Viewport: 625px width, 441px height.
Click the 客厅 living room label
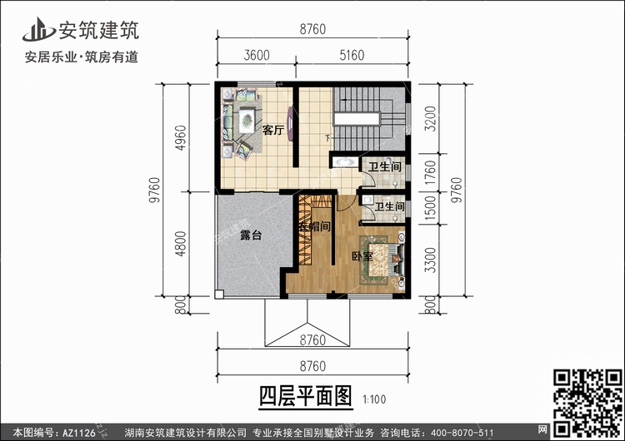pos(273,130)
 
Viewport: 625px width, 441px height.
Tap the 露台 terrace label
pos(251,235)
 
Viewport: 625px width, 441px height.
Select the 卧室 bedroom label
pos(362,256)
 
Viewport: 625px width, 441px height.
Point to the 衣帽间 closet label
pos(315,227)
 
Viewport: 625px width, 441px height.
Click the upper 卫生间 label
pos(384,166)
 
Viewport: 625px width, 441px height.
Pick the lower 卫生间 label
pos(389,206)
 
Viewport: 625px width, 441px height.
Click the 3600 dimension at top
pos(257,55)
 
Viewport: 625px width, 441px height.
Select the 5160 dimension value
pos(352,55)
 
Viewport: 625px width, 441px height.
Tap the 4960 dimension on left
pos(181,138)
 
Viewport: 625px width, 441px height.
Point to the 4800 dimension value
pos(181,244)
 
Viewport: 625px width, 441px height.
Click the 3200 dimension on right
pos(431,119)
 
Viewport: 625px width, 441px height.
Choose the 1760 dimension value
pos(431,173)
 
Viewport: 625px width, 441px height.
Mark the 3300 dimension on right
pos(431,260)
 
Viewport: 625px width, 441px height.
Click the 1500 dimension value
pos(431,209)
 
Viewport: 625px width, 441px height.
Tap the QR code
pos(587,403)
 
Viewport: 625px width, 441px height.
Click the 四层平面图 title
pos(306,396)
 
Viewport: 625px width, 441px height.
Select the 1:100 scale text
pos(374,399)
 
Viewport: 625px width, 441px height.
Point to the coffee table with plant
pos(247,120)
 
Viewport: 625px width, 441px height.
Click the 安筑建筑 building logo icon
pos(38,30)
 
